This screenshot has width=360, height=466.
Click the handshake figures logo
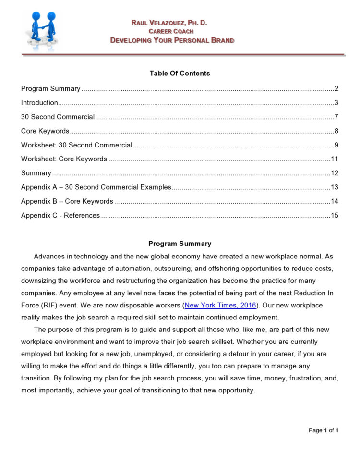[42, 30]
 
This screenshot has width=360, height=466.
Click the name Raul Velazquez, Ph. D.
[169, 23]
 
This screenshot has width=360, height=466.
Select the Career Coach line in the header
[171, 31]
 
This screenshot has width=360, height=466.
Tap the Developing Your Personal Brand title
[172, 40]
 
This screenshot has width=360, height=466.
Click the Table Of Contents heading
[180, 74]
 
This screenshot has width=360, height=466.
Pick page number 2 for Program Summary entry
[337, 89]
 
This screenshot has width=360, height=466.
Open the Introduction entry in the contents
[40, 103]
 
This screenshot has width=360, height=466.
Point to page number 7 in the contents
[337, 117]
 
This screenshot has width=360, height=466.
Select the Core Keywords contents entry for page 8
[45, 131]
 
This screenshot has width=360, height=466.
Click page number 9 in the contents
[337, 145]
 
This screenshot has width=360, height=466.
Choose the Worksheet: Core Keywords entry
[64, 159]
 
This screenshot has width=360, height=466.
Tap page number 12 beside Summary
[335, 173]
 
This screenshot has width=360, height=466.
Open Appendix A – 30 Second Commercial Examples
[96, 187]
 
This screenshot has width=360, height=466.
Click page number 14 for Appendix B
[335, 201]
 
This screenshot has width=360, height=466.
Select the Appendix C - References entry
[60, 215]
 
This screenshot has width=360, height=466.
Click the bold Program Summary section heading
[180, 244]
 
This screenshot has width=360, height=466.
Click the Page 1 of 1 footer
[324, 430]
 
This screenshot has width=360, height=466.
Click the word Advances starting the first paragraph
[49, 256]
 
